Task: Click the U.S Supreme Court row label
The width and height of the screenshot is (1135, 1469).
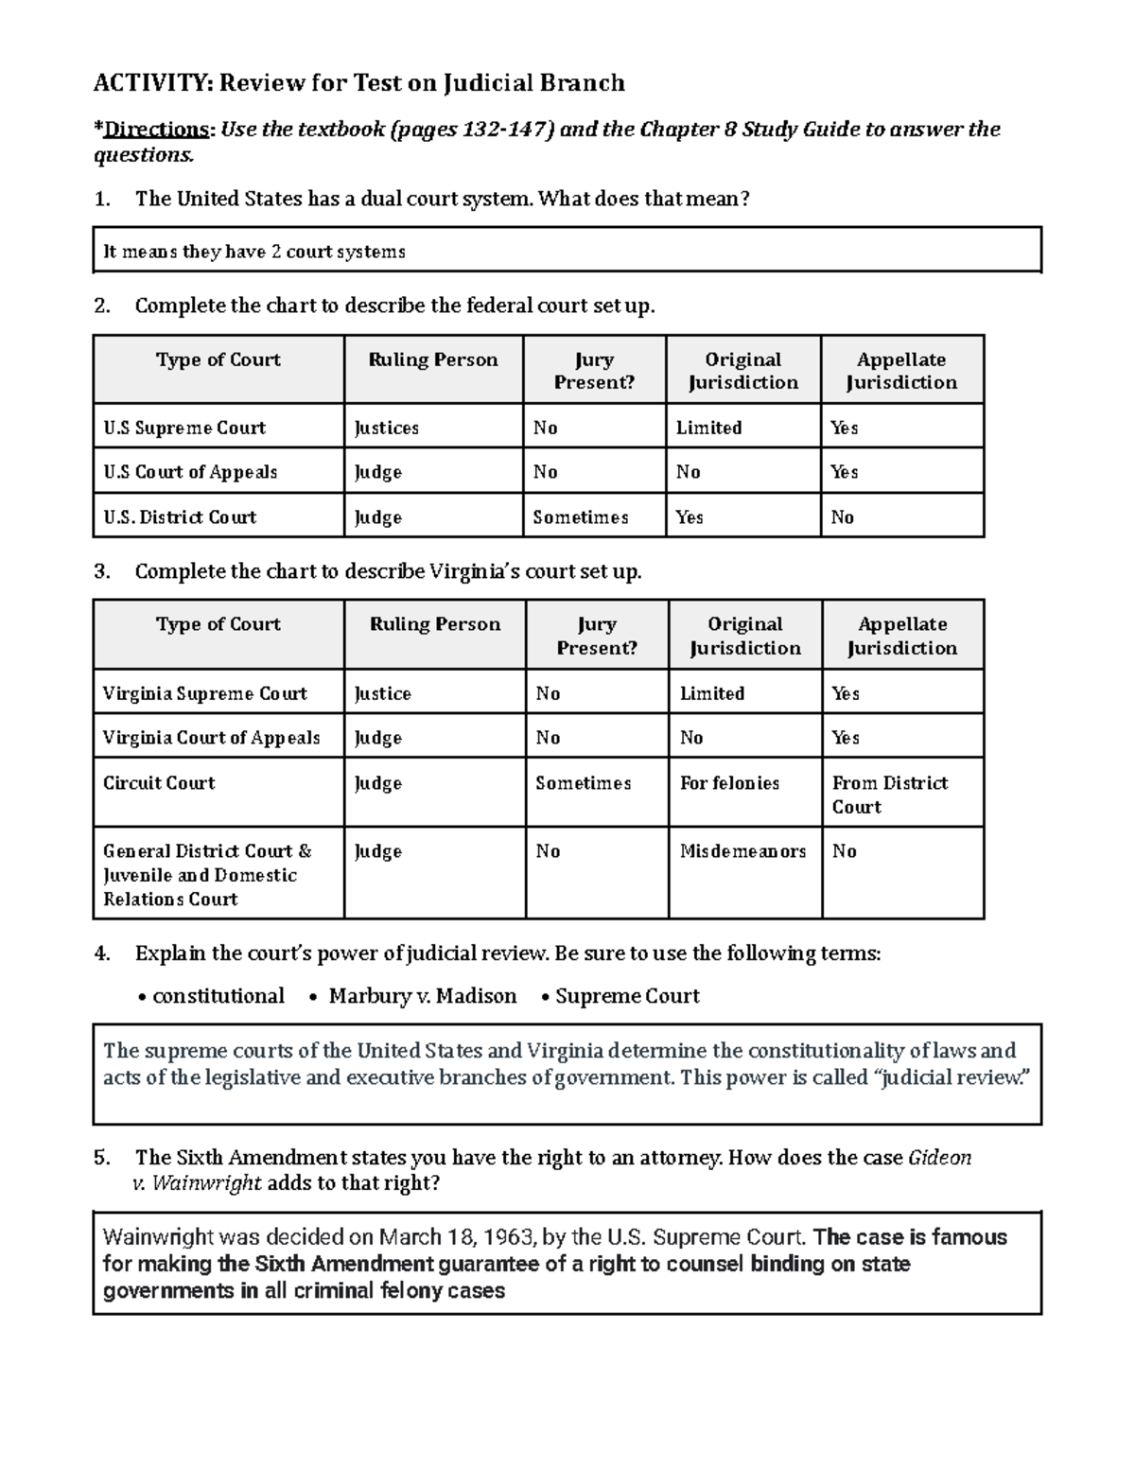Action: (184, 428)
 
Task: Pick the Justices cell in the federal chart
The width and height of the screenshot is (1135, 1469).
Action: (386, 428)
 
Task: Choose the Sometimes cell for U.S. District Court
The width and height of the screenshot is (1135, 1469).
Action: (580, 517)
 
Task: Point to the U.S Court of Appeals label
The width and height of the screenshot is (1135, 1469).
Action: (190, 472)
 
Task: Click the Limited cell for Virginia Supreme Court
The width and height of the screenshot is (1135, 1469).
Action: (711, 693)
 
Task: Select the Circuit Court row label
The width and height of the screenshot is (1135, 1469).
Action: (159, 783)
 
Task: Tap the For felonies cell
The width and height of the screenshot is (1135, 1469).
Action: (729, 783)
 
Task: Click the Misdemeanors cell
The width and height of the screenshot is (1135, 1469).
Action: (742, 851)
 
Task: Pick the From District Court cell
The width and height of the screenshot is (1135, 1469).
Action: (889, 795)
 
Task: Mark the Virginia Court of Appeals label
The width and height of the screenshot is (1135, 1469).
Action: (211, 738)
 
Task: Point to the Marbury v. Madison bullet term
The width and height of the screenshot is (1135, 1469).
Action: (422, 996)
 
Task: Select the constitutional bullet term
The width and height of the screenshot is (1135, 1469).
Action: (218, 996)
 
